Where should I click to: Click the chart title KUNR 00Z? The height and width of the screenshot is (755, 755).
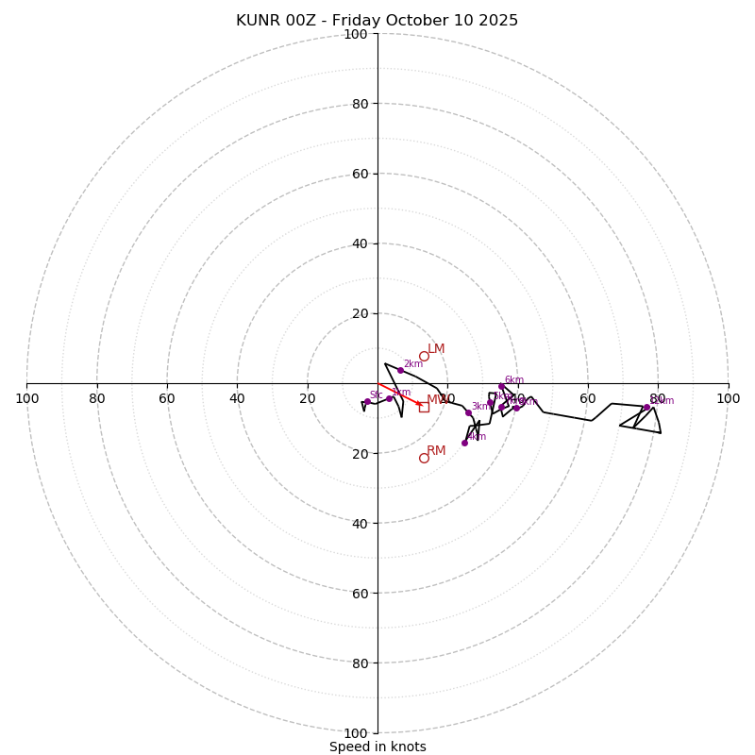tap(377, 21)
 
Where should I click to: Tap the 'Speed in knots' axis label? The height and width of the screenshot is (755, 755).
tap(377, 747)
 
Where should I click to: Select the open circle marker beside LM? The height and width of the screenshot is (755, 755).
tap(424, 356)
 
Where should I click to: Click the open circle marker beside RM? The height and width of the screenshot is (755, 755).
tap(424, 458)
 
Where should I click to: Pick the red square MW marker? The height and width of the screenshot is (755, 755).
tap(424, 407)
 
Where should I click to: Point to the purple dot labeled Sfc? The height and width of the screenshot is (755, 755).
tap(367, 402)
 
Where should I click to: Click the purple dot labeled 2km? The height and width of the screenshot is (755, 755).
tap(400, 370)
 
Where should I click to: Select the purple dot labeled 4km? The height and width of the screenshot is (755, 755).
tap(464, 443)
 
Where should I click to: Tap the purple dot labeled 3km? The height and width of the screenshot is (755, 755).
tap(468, 412)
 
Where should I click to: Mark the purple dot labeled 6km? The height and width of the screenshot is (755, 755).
tap(501, 386)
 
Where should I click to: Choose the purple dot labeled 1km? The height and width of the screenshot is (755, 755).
tap(389, 398)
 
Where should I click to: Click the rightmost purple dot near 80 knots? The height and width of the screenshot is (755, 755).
tap(646, 407)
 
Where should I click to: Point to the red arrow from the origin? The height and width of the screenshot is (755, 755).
tap(399, 394)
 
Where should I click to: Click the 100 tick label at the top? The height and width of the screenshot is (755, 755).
tap(356, 34)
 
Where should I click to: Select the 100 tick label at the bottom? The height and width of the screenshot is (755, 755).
tap(356, 733)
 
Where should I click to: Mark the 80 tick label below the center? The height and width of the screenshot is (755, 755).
tap(360, 663)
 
